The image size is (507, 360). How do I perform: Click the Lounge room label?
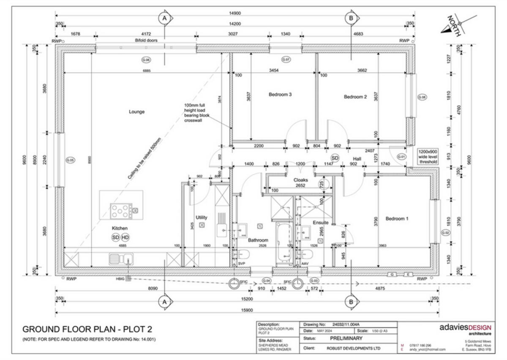click(136, 112)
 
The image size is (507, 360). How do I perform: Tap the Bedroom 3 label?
click(280, 95)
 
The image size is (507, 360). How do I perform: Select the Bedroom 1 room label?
click(397, 219)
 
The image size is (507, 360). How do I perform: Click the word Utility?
click(202, 218)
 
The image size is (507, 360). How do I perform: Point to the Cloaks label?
click(300, 180)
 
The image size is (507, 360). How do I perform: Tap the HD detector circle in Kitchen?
click(125, 237)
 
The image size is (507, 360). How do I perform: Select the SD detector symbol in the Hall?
click(335, 158)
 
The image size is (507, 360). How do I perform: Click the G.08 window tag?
click(422, 97)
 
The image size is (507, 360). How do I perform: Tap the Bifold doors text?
click(146, 41)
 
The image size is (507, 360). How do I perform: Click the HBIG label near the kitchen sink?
click(120, 279)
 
